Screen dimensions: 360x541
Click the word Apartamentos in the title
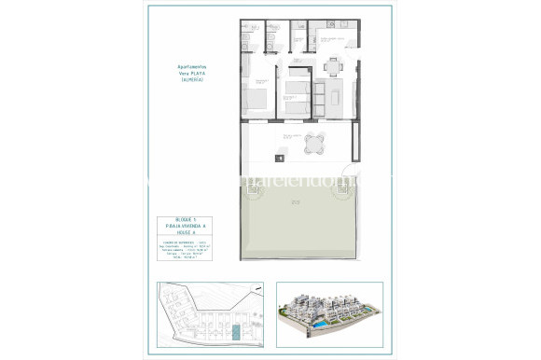click(190, 66)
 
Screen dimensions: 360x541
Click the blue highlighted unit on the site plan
click(236, 331)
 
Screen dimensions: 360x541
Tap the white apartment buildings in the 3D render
click(326, 308)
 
